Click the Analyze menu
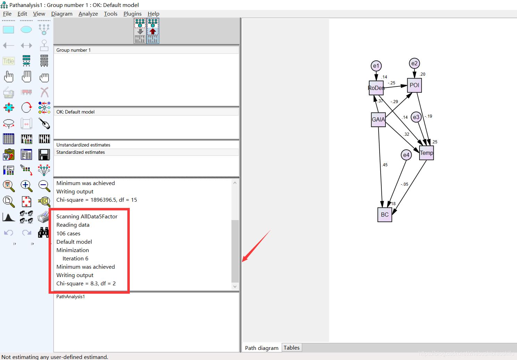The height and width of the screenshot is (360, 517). click(88, 14)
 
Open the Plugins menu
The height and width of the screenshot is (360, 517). click(133, 14)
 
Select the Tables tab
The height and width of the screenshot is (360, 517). click(291, 348)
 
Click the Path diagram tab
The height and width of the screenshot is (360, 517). click(262, 348)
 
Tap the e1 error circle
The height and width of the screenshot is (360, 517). click(376, 66)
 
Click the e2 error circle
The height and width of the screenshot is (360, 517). click(414, 63)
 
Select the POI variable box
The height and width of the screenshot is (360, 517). click(414, 85)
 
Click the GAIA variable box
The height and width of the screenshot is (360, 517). click(378, 120)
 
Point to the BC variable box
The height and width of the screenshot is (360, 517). click(385, 215)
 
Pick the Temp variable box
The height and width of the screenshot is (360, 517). click(426, 153)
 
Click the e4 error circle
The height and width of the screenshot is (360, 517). click(406, 155)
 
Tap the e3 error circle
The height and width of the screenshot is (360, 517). click(416, 117)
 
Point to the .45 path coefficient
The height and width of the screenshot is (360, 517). click(384, 165)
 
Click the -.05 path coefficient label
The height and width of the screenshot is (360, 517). click(404, 184)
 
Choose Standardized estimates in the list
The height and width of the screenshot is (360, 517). click(80, 152)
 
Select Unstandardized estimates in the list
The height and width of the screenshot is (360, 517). click(83, 145)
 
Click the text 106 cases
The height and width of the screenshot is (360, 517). click(68, 233)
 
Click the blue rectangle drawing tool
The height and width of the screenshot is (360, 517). click(9, 30)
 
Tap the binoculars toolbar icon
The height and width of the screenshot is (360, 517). click(43, 233)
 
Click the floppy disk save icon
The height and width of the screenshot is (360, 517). click(44, 154)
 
